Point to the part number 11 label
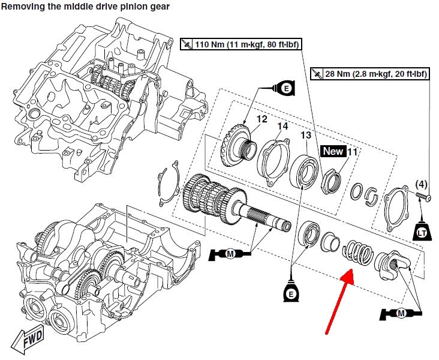352,152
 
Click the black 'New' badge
332,151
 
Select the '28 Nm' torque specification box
369,74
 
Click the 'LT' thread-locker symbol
421,232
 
